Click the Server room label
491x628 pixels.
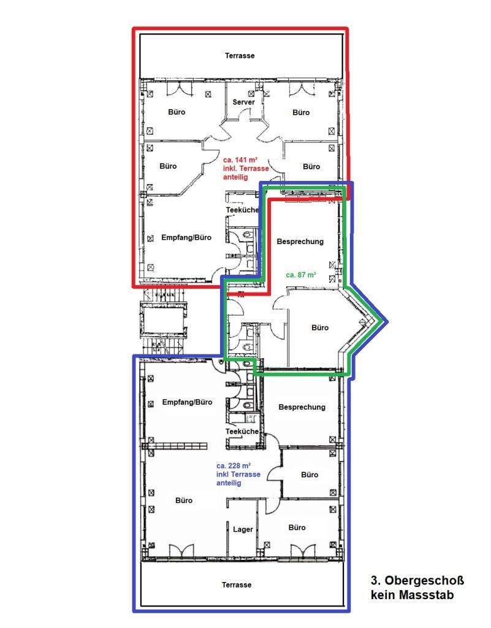pyautogui.click(x=243, y=102)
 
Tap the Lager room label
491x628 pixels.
pyautogui.click(x=243, y=529)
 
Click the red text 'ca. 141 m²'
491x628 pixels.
pyautogui.click(x=240, y=160)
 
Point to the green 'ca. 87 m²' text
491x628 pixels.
pyautogui.click(x=301, y=275)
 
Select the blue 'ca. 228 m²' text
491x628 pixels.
pyautogui.click(x=234, y=466)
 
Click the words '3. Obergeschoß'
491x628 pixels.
pyautogui.click(x=417, y=580)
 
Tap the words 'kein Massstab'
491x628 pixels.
pyautogui.click(x=412, y=595)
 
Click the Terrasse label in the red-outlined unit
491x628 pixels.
pyautogui.click(x=240, y=56)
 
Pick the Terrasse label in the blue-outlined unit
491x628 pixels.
pyautogui.click(x=237, y=584)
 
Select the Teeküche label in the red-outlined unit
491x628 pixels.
pyautogui.click(x=242, y=210)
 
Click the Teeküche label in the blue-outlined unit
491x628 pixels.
pyautogui.click(x=242, y=431)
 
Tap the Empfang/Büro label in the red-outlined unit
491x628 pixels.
pyautogui.click(x=186, y=237)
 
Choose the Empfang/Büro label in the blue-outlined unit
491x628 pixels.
pyautogui.click(x=187, y=402)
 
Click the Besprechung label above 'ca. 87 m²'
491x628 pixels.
pyautogui.click(x=300, y=242)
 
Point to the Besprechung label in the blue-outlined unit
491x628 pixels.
pyautogui.click(x=302, y=407)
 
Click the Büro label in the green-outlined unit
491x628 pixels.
pyautogui.click(x=320, y=327)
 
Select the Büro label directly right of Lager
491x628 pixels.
pyautogui.click(x=297, y=527)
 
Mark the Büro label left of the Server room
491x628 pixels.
pyautogui.click(x=177, y=112)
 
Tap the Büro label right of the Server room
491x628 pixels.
pyautogui.click(x=301, y=113)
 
